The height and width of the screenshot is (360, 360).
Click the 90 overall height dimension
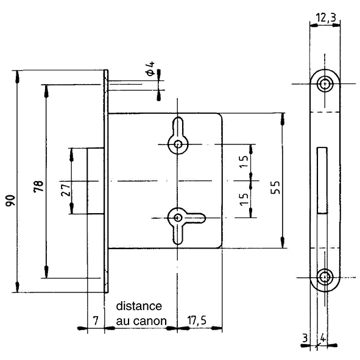click(10, 200)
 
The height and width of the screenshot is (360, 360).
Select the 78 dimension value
click(38, 186)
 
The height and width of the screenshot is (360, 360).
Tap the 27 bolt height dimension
click(66, 189)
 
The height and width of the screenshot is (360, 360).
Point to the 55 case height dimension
click(275, 188)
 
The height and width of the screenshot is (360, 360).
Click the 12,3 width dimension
click(326, 18)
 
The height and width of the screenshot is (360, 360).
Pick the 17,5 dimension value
click(197, 320)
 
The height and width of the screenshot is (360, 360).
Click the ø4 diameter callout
click(150, 68)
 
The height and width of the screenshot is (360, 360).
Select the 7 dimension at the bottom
click(96, 320)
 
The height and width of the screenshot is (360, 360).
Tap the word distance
click(139, 306)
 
